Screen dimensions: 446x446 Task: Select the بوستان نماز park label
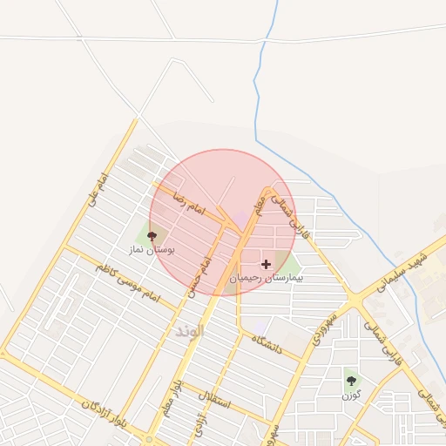[x=152, y=248]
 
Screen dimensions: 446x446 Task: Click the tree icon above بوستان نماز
[x=152, y=236]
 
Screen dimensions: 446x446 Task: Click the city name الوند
[x=189, y=332]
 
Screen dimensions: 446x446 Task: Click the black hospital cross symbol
[x=266, y=263]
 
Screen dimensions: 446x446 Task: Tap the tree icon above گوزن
[x=351, y=381]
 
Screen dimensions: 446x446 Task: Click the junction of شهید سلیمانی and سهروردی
[x=355, y=301]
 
